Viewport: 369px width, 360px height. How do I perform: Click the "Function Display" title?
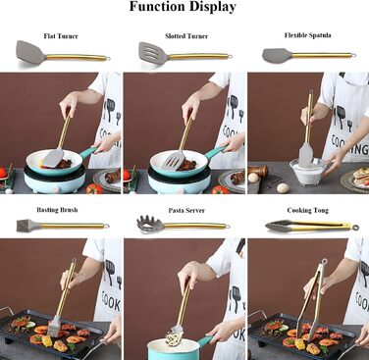[x=183, y=7]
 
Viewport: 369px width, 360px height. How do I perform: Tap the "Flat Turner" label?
[x=61, y=36]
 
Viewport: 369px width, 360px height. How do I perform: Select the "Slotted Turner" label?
[x=186, y=36]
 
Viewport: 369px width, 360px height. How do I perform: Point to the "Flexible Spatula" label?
[x=307, y=35]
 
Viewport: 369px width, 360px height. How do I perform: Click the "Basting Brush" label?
[x=57, y=210]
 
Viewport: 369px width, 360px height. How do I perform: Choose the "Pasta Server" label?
[x=186, y=210]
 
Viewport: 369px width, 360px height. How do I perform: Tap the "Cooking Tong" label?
[x=307, y=210]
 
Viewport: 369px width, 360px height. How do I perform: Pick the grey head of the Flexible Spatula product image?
[x=277, y=55]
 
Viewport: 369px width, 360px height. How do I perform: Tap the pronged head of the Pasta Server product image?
[x=150, y=225]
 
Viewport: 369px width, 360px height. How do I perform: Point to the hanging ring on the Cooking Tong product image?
[x=354, y=227]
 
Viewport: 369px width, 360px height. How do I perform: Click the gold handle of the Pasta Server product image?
[x=197, y=226]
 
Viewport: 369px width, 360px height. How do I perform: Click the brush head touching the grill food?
[x=54, y=328]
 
